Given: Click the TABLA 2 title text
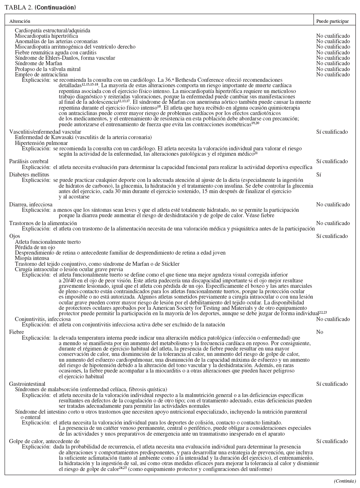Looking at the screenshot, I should (x=40, y=7).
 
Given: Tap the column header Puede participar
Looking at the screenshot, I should (x=330, y=20).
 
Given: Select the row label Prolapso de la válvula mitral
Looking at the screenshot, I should (x=47, y=69).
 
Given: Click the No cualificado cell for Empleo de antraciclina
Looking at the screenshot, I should (x=333, y=74).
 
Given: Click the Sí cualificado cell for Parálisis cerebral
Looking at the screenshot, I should (x=332, y=161).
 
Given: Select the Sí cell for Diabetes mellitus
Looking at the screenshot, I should (x=318, y=175).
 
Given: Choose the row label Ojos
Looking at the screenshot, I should (x=15, y=236).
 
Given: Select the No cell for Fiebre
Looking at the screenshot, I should (x=320, y=332).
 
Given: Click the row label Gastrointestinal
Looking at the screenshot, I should (x=27, y=384).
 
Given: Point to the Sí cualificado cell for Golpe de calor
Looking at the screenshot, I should (x=332, y=441).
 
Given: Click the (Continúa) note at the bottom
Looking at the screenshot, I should (x=345, y=481).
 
